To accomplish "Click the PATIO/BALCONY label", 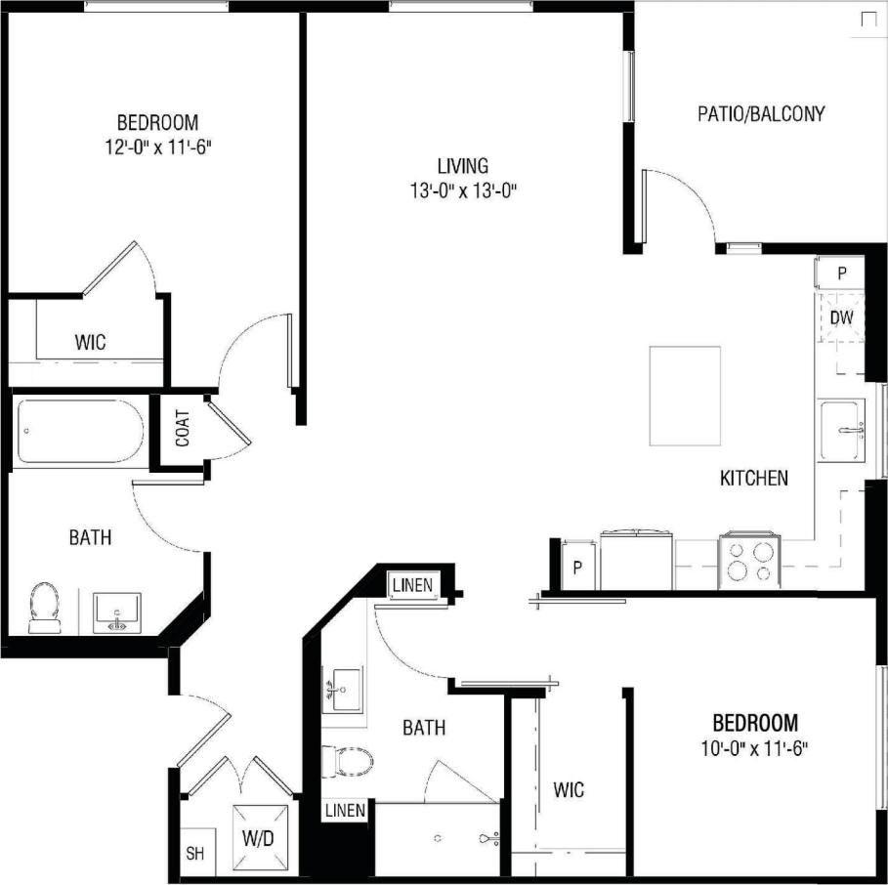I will [x=761, y=114].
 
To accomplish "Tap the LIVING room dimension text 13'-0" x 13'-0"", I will [x=462, y=190].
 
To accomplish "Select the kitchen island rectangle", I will [x=685, y=396].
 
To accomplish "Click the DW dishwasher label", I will [x=841, y=317].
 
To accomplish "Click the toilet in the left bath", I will [x=43, y=608].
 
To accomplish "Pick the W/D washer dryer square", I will [x=261, y=837].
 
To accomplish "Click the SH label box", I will [x=194, y=854].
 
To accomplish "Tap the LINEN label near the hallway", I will [x=411, y=585].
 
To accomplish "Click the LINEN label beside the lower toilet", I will [x=346, y=810].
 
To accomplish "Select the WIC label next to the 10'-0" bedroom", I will [x=569, y=788].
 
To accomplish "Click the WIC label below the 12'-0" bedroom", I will [x=90, y=343].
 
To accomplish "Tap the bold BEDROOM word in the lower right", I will [x=755, y=724].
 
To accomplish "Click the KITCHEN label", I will [x=753, y=479].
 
